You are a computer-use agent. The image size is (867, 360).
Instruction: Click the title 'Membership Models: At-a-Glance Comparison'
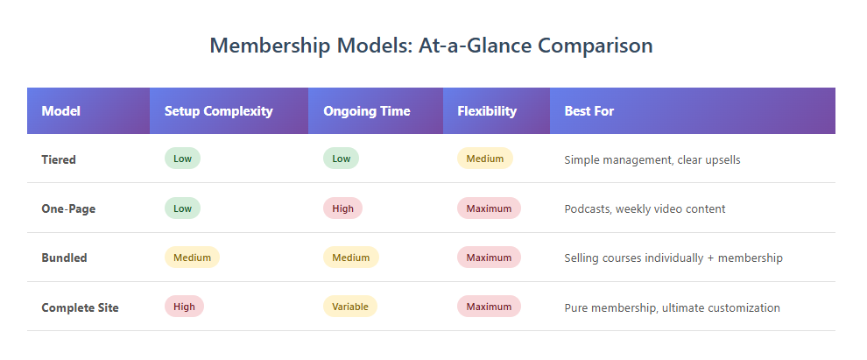tap(431, 46)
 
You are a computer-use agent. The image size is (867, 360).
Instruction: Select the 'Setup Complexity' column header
tap(218, 111)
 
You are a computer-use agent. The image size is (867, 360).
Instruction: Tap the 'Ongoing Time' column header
tap(366, 111)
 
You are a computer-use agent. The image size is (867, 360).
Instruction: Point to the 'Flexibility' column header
tap(486, 111)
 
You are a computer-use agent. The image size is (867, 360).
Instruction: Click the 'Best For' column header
tap(589, 111)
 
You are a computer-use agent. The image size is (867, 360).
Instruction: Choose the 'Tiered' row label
tap(59, 159)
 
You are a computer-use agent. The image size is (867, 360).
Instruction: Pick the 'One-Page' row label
tap(68, 208)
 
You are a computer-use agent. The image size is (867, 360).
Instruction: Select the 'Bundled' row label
tap(64, 258)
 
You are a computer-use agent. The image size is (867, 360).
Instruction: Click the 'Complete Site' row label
tap(80, 307)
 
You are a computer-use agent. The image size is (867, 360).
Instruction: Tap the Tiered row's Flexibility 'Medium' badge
tap(484, 159)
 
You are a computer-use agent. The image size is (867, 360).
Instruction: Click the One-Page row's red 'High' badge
tap(342, 208)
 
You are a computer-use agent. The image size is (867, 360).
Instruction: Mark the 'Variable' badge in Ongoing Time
tap(350, 307)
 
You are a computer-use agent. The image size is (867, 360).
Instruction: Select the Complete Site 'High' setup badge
tap(184, 307)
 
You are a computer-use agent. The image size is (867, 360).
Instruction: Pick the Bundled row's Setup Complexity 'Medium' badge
tap(192, 258)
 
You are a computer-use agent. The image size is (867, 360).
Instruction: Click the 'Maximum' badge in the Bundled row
tap(489, 258)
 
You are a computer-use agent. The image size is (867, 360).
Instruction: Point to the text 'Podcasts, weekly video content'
tap(645, 208)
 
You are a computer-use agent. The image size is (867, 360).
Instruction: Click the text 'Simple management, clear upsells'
tap(652, 159)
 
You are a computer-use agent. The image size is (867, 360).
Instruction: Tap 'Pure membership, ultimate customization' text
tap(672, 307)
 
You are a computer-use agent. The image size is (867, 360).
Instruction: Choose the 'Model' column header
tap(60, 111)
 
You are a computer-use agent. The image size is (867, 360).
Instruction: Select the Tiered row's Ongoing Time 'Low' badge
tap(341, 159)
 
